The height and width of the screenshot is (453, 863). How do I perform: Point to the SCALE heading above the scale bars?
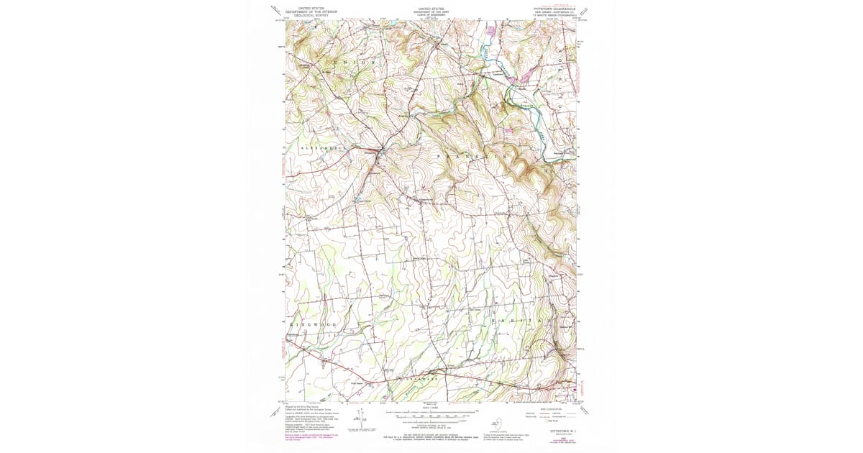tap(431, 406)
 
